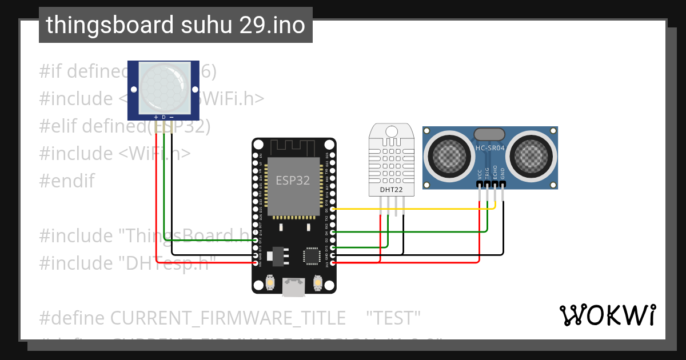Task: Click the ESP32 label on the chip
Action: pyautogui.click(x=293, y=181)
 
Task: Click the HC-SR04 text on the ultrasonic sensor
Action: pyautogui.click(x=490, y=148)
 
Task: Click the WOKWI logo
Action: pyautogui.click(x=607, y=315)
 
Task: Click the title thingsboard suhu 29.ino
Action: pyautogui.click(x=176, y=25)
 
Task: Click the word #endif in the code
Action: pyautogui.click(x=67, y=181)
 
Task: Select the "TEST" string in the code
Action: pyautogui.click(x=393, y=318)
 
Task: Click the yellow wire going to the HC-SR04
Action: pyautogui.click(x=434, y=209)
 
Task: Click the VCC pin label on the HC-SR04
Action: pyautogui.click(x=479, y=174)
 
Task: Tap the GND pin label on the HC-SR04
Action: pyautogui.click(x=502, y=174)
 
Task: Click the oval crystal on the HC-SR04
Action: pyautogui.click(x=490, y=134)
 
